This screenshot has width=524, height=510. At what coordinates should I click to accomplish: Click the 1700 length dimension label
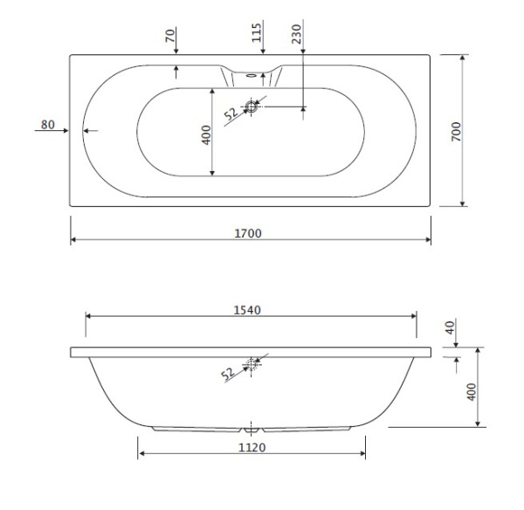click(x=248, y=233)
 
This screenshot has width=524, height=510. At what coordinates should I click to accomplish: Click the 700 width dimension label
click(x=456, y=131)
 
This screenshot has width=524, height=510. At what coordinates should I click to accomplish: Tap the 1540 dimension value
click(x=247, y=310)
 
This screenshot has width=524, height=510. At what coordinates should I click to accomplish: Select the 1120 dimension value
click(x=252, y=447)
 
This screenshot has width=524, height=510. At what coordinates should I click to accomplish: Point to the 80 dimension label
click(x=48, y=124)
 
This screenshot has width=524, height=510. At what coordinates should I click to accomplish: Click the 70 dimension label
click(x=170, y=36)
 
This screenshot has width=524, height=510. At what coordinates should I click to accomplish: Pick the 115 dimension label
click(x=256, y=33)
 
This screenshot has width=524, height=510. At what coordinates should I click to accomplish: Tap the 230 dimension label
click(x=296, y=34)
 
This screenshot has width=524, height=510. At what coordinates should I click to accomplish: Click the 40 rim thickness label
click(x=451, y=327)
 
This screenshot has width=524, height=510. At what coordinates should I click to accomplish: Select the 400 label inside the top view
click(x=206, y=134)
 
